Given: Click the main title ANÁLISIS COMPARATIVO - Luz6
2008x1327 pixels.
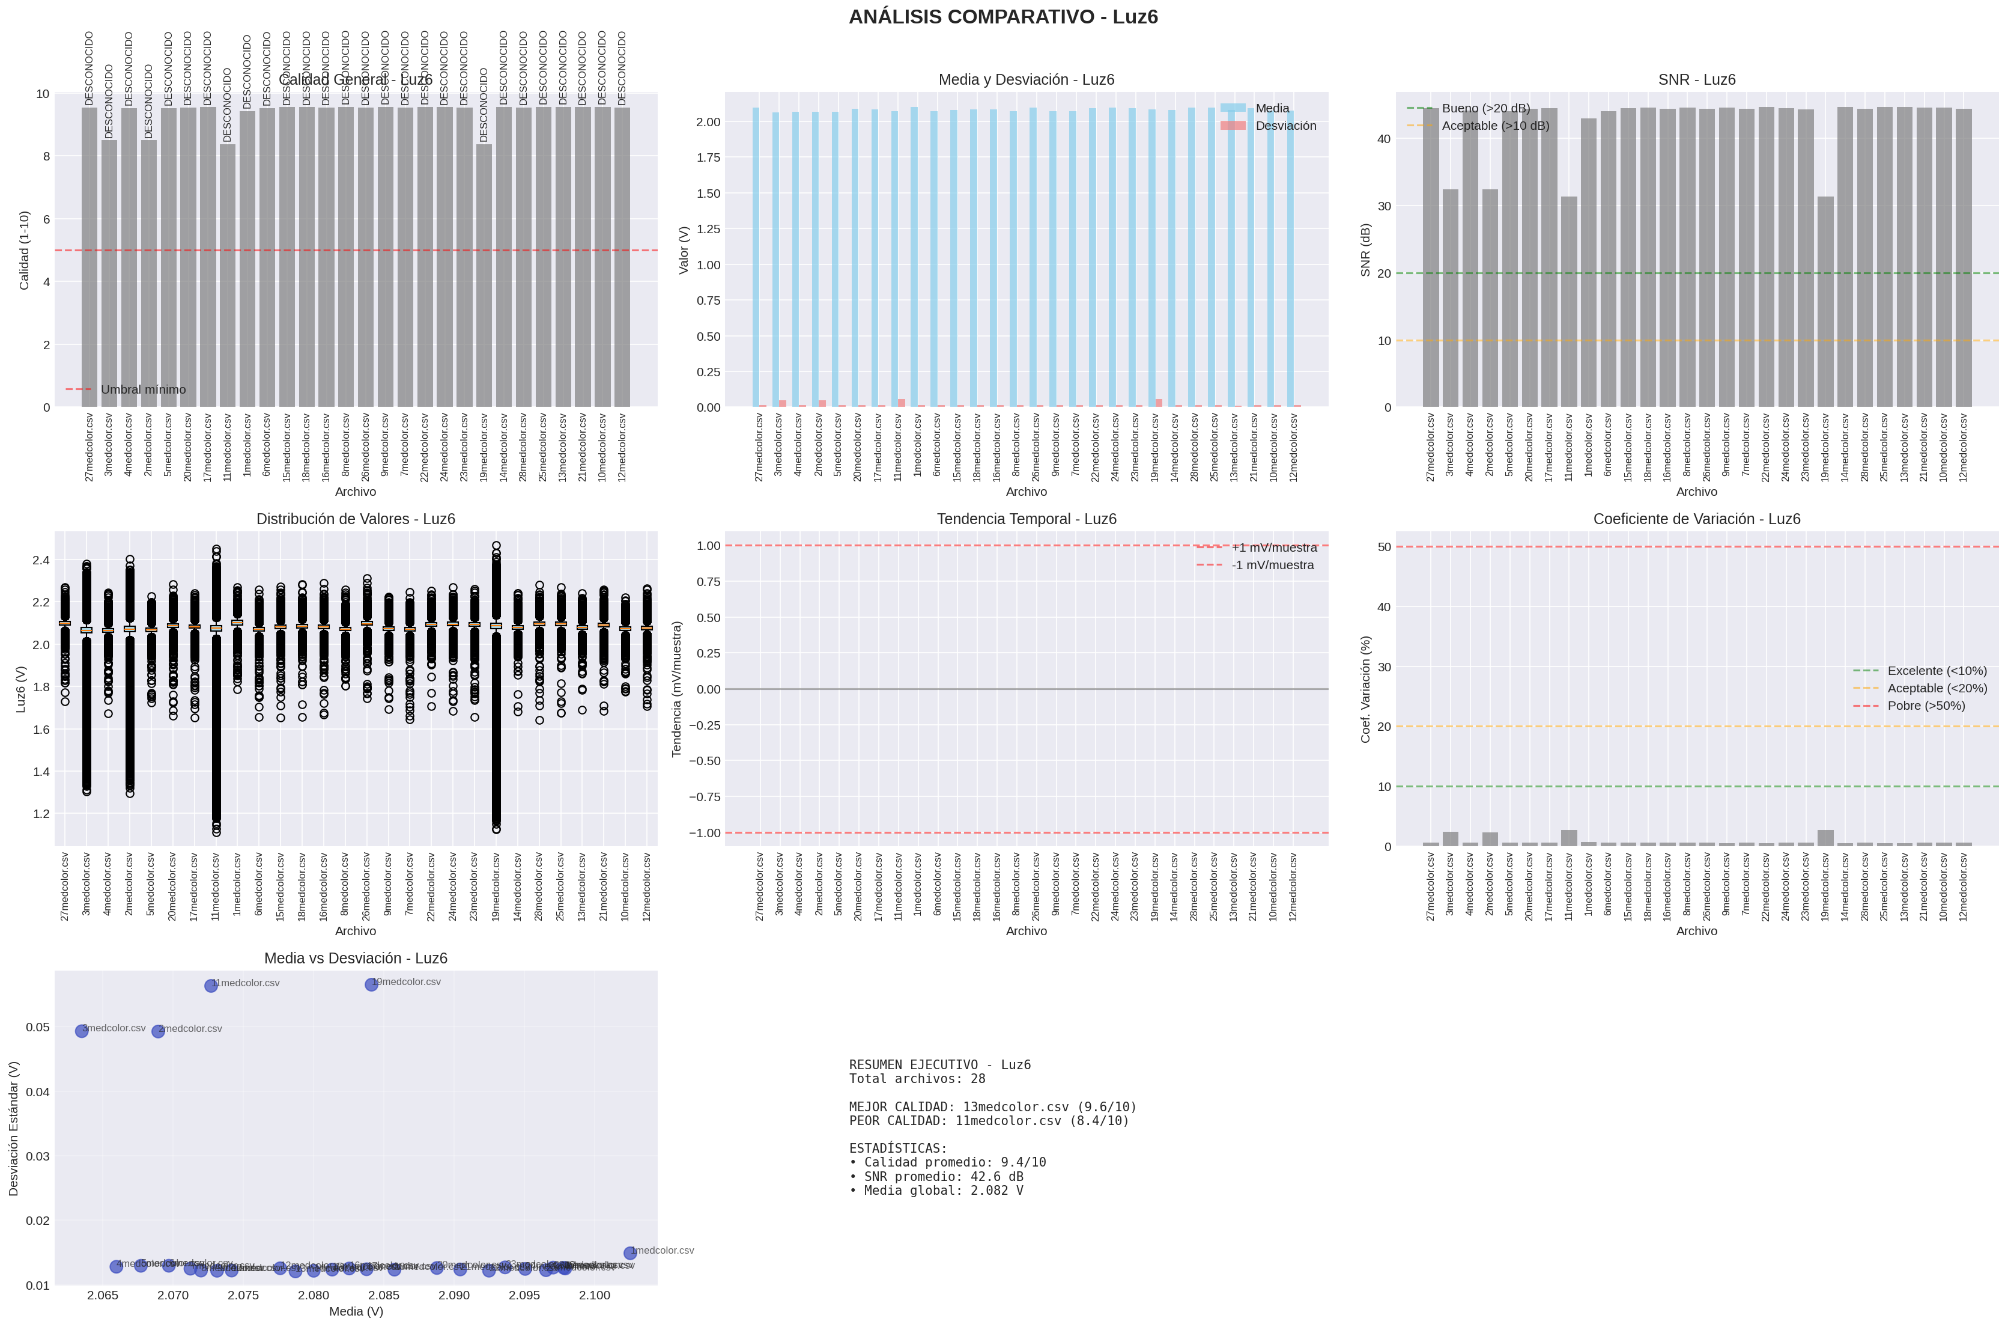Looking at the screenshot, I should pyautogui.click(x=1003, y=17).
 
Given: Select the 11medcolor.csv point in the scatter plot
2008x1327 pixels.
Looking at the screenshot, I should pyautogui.click(x=211, y=985).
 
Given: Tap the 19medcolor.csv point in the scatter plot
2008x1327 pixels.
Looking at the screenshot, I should pyautogui.click(x=371, y=984).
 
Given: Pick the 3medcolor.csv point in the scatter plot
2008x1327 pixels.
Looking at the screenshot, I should pyautogui.click(x=82, y=1031).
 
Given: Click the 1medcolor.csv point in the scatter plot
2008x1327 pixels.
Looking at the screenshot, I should pyautogui.click(x=630, y=1252).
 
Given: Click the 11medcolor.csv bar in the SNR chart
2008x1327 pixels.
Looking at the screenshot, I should pyautogui.click(x=1569, y=301).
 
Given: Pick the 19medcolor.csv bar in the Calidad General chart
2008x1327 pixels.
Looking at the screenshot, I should pyautogui.click(x=484, y=275).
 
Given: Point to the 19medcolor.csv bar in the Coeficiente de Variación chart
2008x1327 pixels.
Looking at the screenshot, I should pyautogui.click(x=1825, y=838).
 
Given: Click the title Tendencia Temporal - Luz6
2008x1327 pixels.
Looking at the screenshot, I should pyautogui.click(x=1026, y=519).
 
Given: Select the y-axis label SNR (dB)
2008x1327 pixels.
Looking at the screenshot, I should pyautogui.click(x=1365, y=249).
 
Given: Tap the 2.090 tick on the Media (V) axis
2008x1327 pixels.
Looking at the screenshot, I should pyautogui.click(x=454, y=1295).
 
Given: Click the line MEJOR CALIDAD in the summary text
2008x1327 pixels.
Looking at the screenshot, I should pyautogui.click(x=992, y=1107).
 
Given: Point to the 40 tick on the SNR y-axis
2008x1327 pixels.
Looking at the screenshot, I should pyautogui.click(x=1384, y=139).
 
